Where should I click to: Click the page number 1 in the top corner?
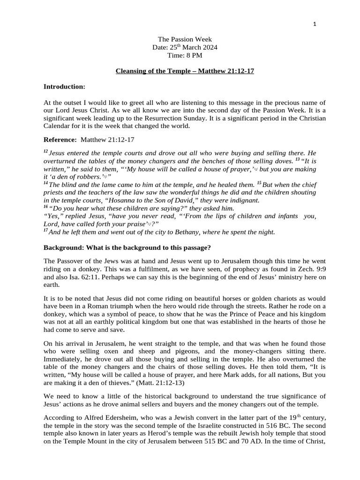pyautogui.click(x=315, y=24)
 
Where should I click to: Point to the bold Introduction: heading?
pyautogui.click(x=64, y=87)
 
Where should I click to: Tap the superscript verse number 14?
pyautogui.click(x=45, y=183)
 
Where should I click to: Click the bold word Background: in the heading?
pyautogui.click(x=63, y=247)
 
